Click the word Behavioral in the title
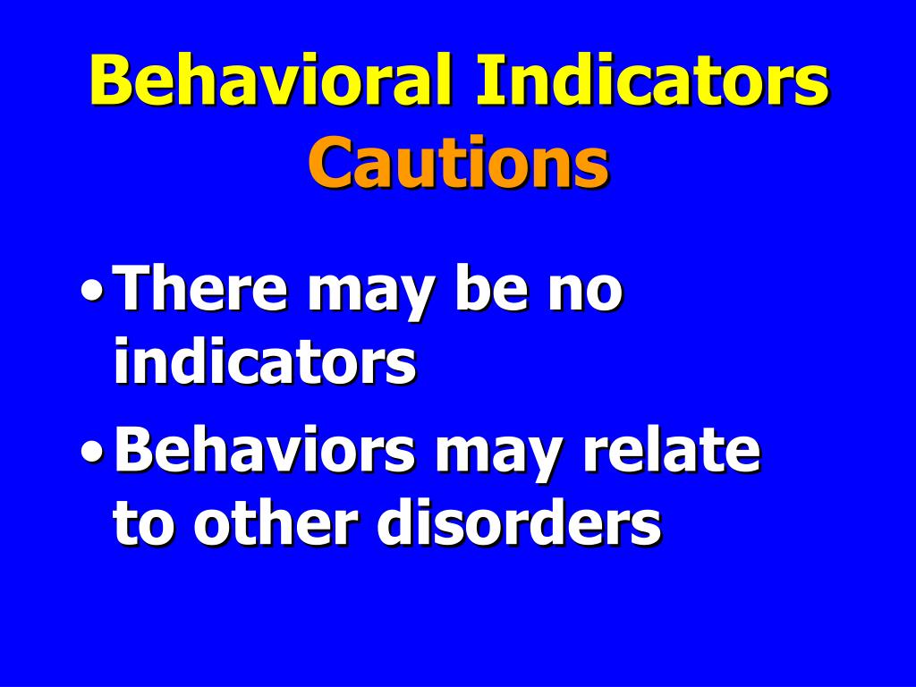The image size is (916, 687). click(272, 81)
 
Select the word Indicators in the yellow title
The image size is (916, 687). click(652, 81)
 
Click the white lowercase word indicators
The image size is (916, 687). click(265, 361)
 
